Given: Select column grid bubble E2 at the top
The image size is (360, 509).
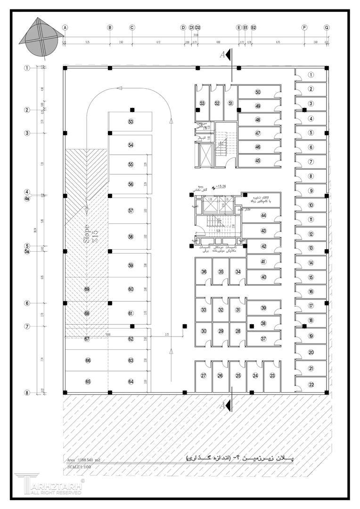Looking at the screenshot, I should pos(254,28).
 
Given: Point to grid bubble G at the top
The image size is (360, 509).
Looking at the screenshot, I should pos(327,28).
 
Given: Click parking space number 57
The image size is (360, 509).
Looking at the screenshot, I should pos(131,211).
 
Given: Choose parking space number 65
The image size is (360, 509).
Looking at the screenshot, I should pos(87,381).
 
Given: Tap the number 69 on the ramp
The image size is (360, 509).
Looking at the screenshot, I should pos(87,289).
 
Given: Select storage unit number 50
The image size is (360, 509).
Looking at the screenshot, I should pos(258,92).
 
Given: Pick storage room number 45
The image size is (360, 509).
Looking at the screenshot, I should pos(258,161).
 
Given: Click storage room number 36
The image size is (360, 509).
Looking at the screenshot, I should pos(204,272).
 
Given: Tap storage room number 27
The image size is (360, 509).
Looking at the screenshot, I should pos(204,376).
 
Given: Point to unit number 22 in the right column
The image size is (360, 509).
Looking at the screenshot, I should pos(311,385).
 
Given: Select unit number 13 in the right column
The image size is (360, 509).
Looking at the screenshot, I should pos(311,248).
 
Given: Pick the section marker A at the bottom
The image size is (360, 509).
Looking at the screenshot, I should pos(225,404).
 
